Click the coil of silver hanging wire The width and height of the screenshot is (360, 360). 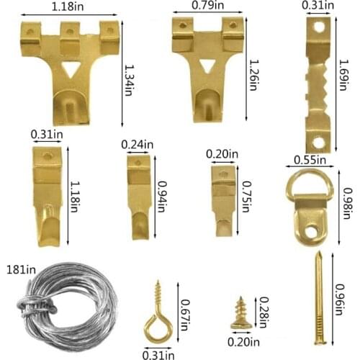pos(66,306)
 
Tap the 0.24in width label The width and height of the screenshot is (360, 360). pos(138,144)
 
